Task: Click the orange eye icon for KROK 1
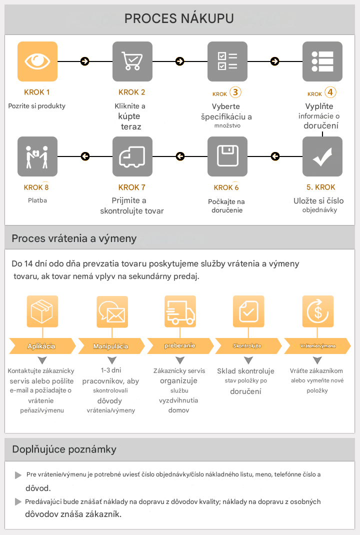tap(37, 61)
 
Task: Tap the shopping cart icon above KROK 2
tap(132, 61)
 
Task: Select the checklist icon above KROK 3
tap(227, 61)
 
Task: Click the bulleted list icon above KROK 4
tap(322, 61)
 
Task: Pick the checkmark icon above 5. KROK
tap(322, 156)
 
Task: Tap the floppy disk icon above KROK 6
tap(227, 156)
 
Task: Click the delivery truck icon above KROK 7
tap(132, 156)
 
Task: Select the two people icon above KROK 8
tap(37, 156)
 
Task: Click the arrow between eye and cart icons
tap(85, 61)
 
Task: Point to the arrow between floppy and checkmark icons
tap(274, 156)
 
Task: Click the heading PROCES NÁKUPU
tap(179, 19)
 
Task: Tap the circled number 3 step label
tap(235, 92)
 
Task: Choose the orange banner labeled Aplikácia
tap(42, 346)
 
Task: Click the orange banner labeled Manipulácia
tap(110, 346)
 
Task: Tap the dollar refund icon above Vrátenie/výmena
tap(317, 311)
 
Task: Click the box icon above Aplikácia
tap(42, 311)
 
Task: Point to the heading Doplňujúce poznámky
tap(64, 449)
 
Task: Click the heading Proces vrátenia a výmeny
tap(74, 238)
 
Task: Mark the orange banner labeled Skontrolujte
tap(247, 346)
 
